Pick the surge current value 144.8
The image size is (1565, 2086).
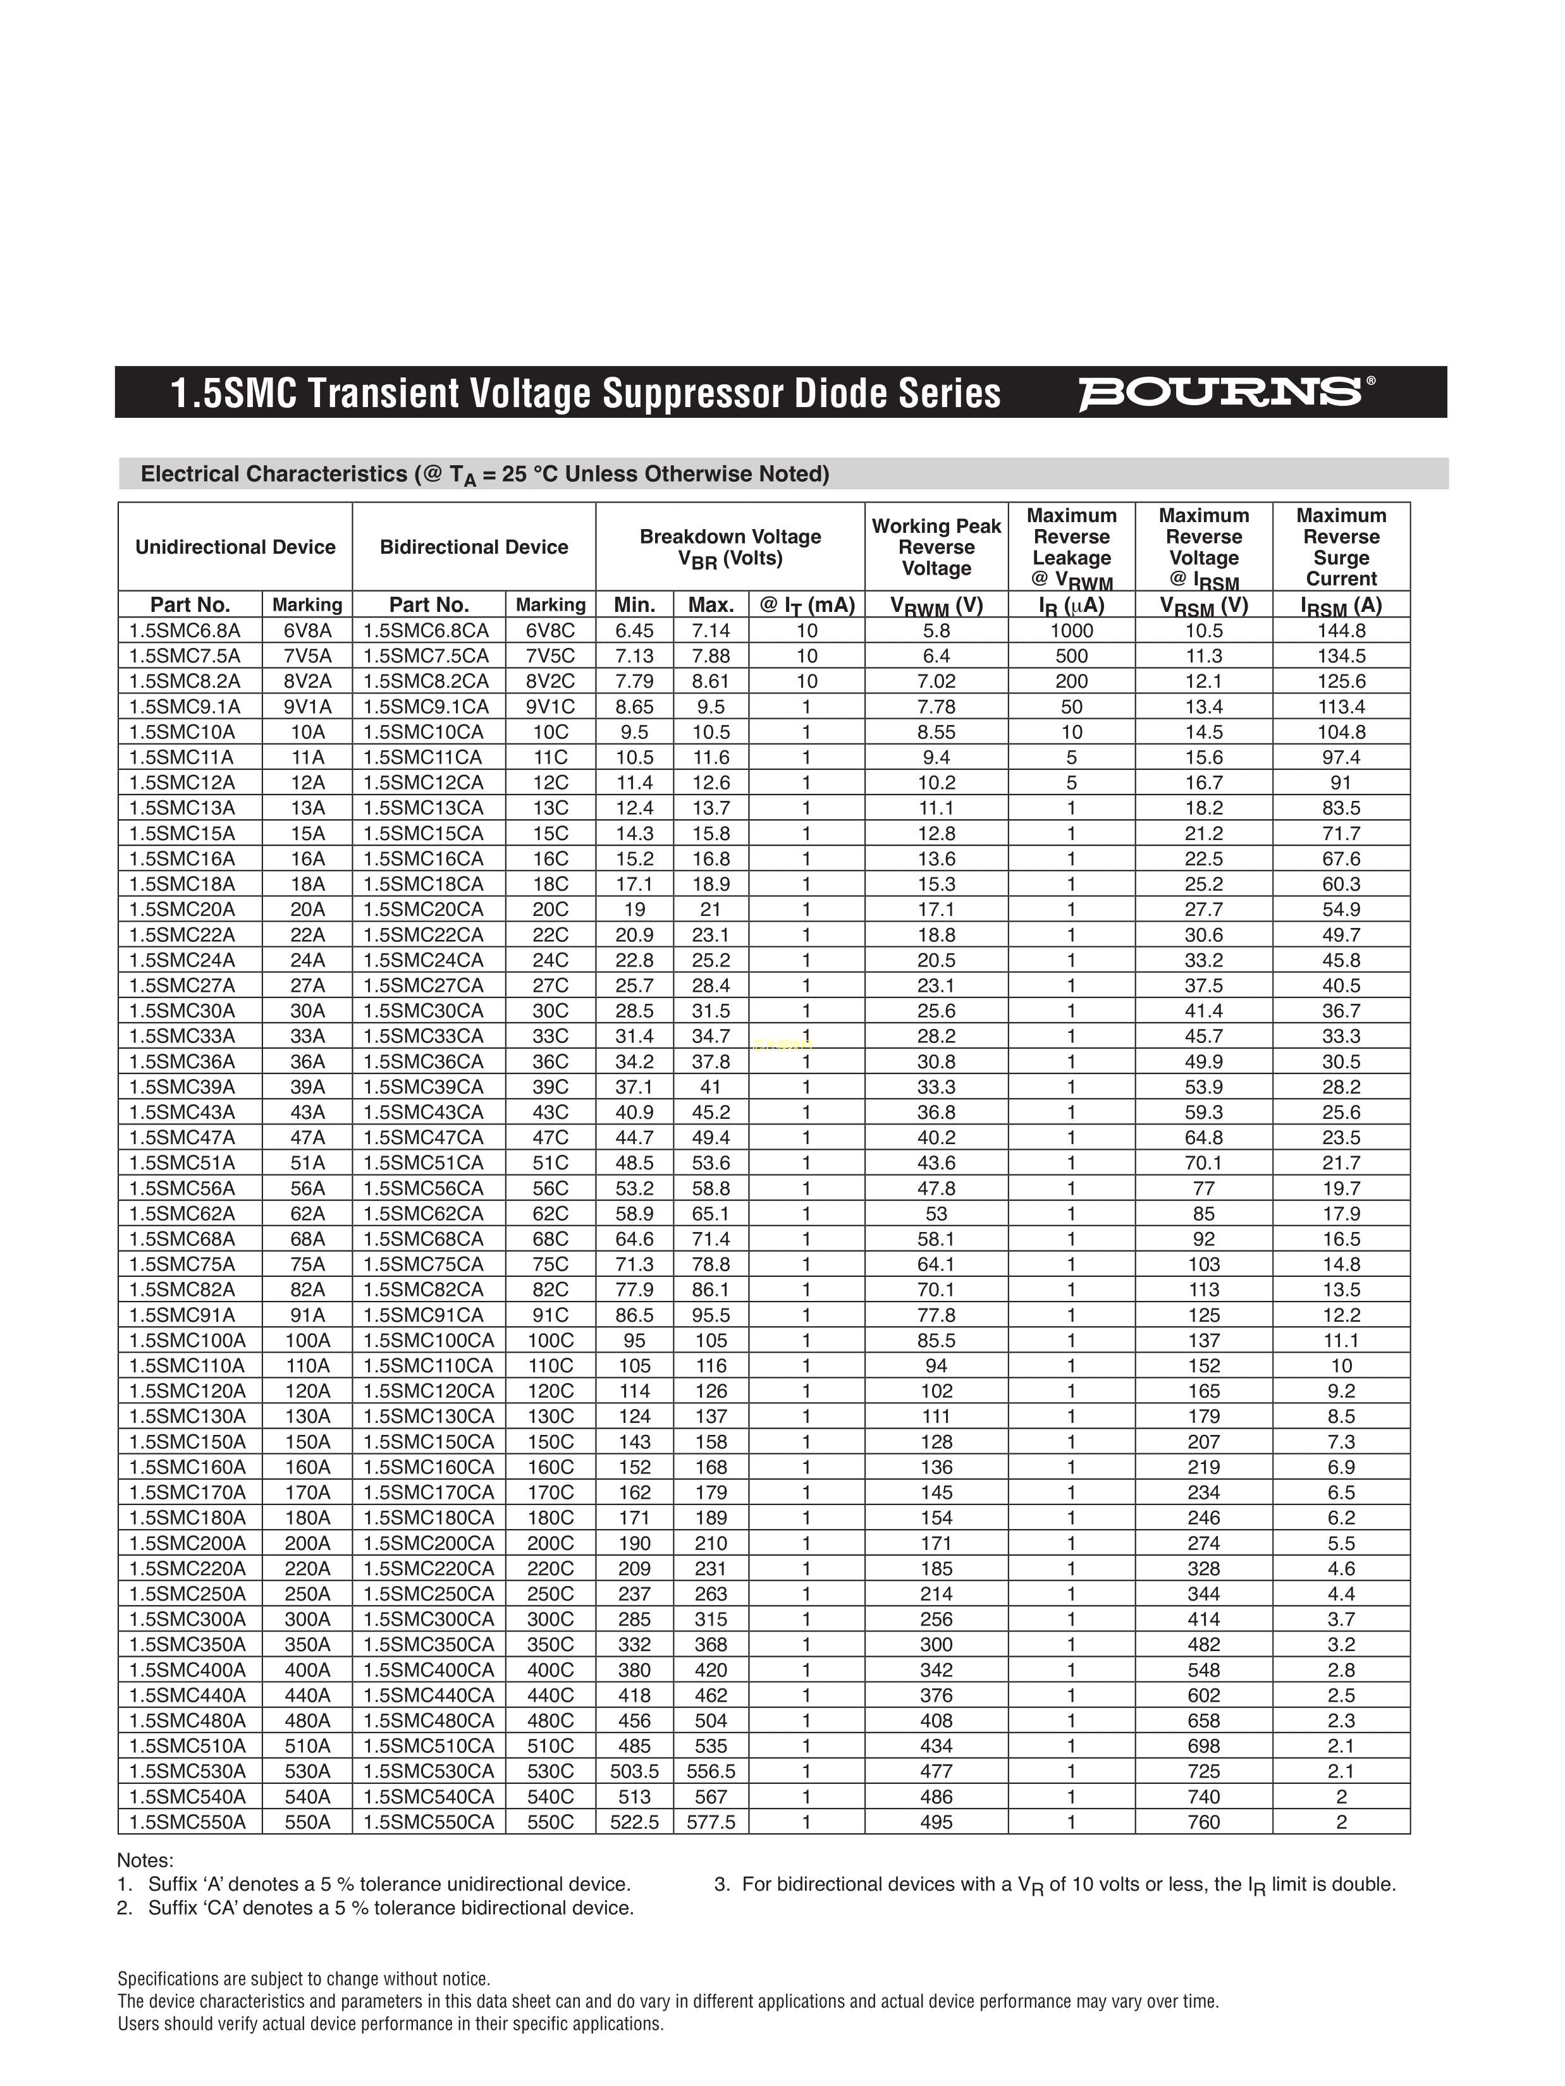[1341, 631]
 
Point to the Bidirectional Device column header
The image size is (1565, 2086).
[474, 547]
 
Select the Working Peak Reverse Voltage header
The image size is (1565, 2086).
[936, 547]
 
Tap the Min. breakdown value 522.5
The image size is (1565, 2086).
[634, 1822]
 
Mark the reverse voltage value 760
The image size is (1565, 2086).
[1204, 1822]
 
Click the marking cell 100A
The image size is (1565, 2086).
[307, 1340]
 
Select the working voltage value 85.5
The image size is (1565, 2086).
[936, 1340]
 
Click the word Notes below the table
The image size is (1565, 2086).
[145, 1860]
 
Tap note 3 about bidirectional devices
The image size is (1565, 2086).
[1055, 1885]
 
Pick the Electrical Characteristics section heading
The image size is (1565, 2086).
[485, 474]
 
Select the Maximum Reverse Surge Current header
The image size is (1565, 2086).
[1341, 547]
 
